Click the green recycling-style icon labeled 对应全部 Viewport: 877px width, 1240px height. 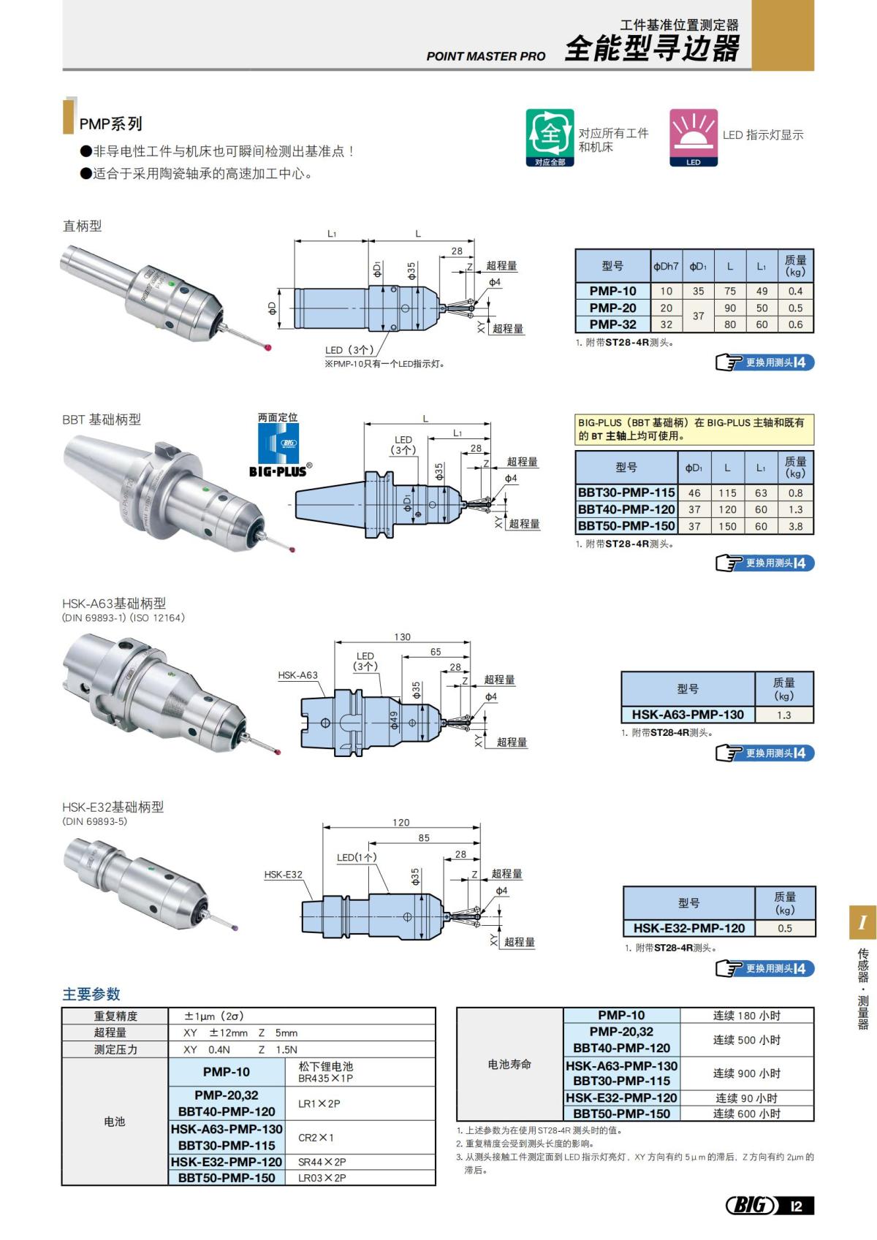tap(550, 137)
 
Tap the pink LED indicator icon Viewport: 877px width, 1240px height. tap(693, 137)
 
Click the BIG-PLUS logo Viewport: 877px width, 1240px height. tap(278, 447)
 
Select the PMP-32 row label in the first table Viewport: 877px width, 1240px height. tap(612, 324)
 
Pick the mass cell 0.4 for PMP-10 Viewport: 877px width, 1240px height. tap(795, 291)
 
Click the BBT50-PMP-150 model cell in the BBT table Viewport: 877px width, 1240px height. tap(626, 526)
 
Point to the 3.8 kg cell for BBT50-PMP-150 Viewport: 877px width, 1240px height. tap(795, 526)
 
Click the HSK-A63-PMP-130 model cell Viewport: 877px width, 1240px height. tap(688, 715)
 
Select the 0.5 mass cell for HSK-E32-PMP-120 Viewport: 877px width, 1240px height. tap(784, 928)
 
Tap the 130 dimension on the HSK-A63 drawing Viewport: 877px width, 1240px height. tap(402, 637)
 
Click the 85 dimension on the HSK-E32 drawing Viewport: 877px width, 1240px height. tap(424, 838)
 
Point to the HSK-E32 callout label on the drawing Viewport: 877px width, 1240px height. tap(283, 875)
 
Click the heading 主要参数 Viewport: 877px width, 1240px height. tap(91, 994)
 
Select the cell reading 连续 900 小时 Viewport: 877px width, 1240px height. tap(746, 1073)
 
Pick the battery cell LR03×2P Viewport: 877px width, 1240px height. tap(322, 1178)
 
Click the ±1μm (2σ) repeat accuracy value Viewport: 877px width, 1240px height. tap(214, 1016)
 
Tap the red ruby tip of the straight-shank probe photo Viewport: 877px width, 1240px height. tap(269, 347)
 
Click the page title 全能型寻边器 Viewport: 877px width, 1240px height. tap(652, 49)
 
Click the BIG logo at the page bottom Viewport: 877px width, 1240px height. tap(751, 1205)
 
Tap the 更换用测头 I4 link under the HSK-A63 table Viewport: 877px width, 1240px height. tap(765, 753)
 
